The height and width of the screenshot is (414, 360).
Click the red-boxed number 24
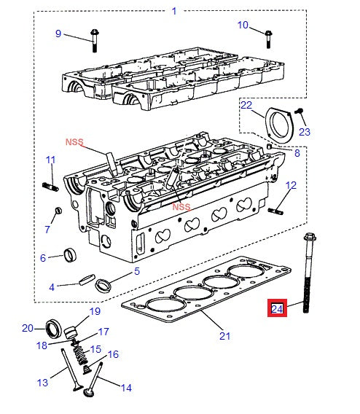pos(277,309)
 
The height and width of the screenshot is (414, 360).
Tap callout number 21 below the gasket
pos(224,336)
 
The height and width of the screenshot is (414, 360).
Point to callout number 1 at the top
pos(173,11)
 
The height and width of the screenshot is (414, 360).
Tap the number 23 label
pos(304,132)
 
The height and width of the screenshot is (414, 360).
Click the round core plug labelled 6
pos(69,254)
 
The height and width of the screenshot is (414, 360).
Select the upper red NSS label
pos(75,141)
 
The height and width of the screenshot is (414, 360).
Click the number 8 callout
pos(297,154)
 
